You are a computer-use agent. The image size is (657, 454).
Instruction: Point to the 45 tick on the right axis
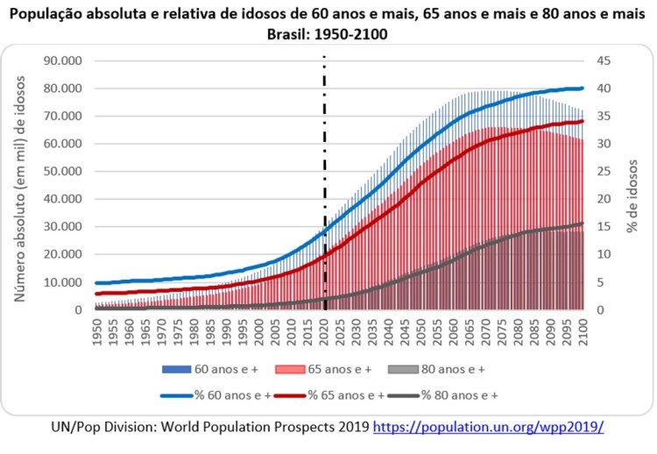pos(604,60)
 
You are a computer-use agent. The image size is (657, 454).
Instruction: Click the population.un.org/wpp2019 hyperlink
pos(489,427)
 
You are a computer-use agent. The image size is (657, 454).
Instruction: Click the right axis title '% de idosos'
pos(633,186)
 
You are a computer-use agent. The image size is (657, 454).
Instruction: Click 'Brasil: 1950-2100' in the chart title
pos(328,35)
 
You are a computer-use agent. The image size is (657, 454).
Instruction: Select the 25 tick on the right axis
pos(604,172)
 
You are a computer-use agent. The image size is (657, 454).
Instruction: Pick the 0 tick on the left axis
pos(77,310)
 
